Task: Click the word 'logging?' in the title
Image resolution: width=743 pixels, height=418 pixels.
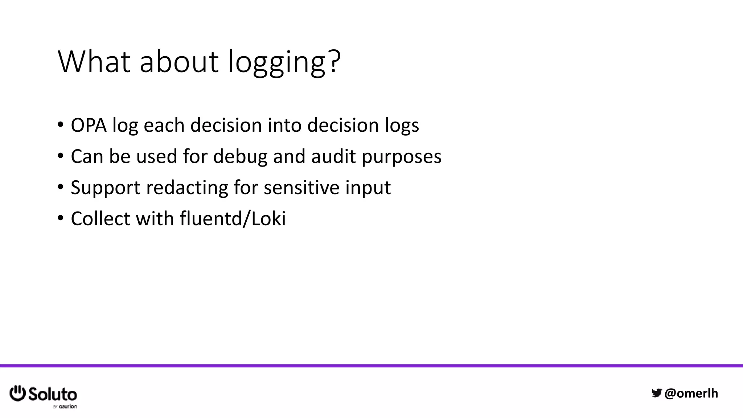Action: (284, 62)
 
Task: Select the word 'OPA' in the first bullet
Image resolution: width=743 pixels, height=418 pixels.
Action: (89, 125)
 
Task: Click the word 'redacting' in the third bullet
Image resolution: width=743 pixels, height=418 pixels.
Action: (186, 188)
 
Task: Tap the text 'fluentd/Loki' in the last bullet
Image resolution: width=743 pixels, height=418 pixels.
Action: (233, 219)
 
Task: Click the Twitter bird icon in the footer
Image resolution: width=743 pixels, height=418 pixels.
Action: (657, 393)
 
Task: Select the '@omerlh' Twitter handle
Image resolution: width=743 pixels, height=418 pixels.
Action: (691, 393)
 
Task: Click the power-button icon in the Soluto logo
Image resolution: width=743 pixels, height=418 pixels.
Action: (17, 393)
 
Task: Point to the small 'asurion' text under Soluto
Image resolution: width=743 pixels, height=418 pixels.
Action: (68, 406)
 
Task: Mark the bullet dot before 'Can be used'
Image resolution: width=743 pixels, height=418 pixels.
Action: (60, 156)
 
